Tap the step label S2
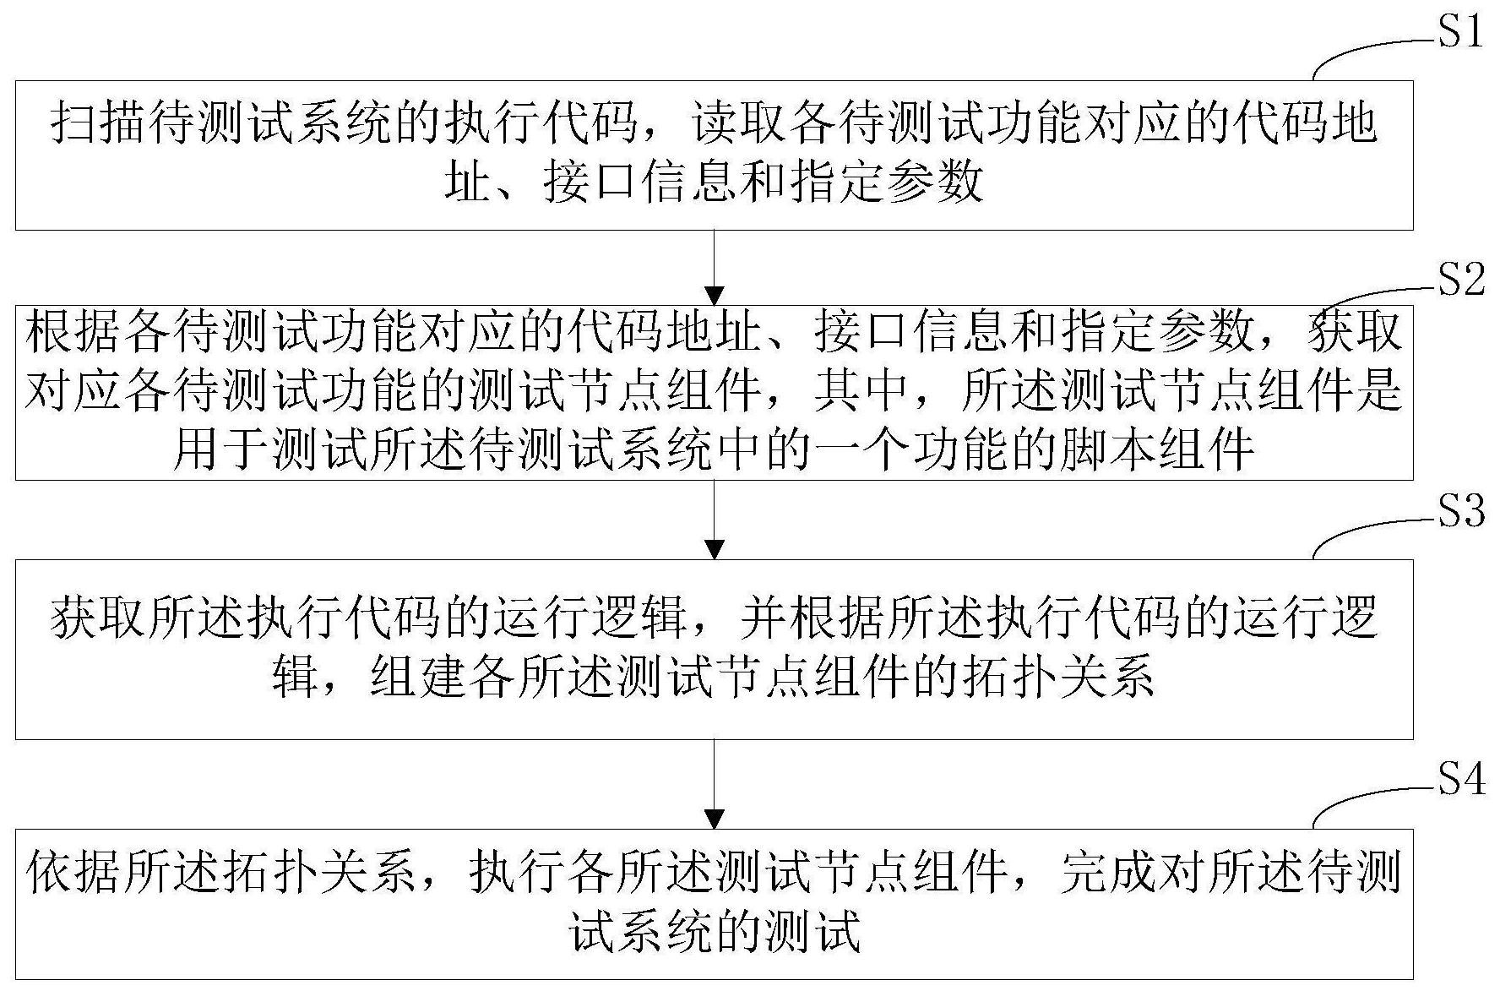click(1460, 279)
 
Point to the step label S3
click(1460, 511)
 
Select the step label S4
click(1460, 780)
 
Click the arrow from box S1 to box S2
click(715, 267)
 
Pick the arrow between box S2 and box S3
click(715, 520)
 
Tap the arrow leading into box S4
click(715, 784)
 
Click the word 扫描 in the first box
click(99, 124)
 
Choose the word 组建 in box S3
click(420, 677)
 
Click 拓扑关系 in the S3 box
click(1059, 677)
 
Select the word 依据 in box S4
click(73, 874)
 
